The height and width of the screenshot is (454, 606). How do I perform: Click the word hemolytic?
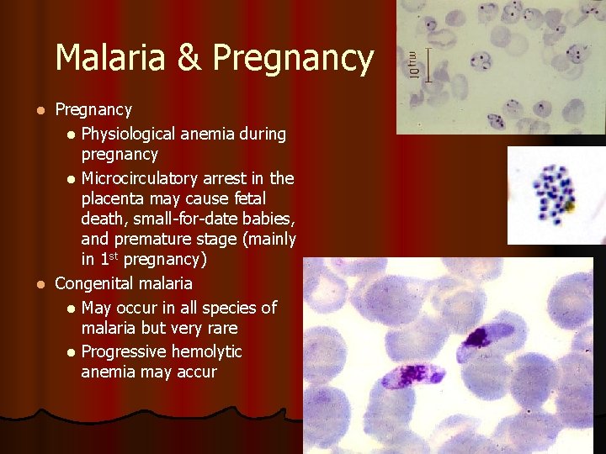(213, 351)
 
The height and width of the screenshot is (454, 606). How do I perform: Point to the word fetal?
(245, 199)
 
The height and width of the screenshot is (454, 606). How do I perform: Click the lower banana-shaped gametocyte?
(412, 373)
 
